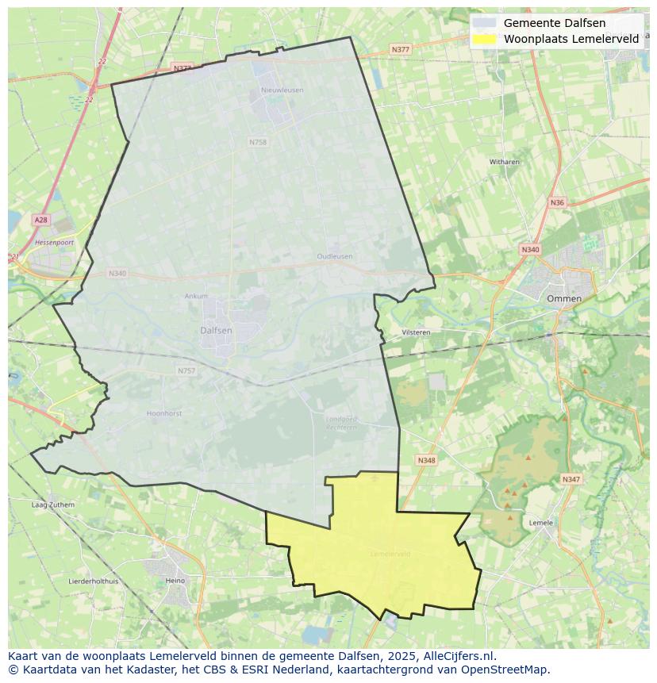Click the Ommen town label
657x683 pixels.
tap(564, 298)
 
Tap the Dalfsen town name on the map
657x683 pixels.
tap(216, 330)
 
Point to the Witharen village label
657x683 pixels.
tap(504, 162)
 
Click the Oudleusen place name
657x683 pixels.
tap(334, 256)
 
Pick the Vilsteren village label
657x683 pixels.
tap(416, 332)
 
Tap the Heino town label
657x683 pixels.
tap(175, 581)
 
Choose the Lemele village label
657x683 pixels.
tap(540, 523)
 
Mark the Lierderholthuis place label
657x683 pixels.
tap(94, 581)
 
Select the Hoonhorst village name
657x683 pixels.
tap(165, 413)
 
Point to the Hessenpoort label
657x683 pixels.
tap(54, 242)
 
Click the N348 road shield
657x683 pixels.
tap(426, 460)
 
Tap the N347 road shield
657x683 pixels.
tap(571, 479)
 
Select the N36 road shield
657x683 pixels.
tap(557, 202)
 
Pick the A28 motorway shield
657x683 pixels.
tap(40, 219)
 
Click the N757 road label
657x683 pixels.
tap(186, 370)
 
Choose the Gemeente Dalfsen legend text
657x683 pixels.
tap(554, 23)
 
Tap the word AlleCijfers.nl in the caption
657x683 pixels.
tap(459, 656)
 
